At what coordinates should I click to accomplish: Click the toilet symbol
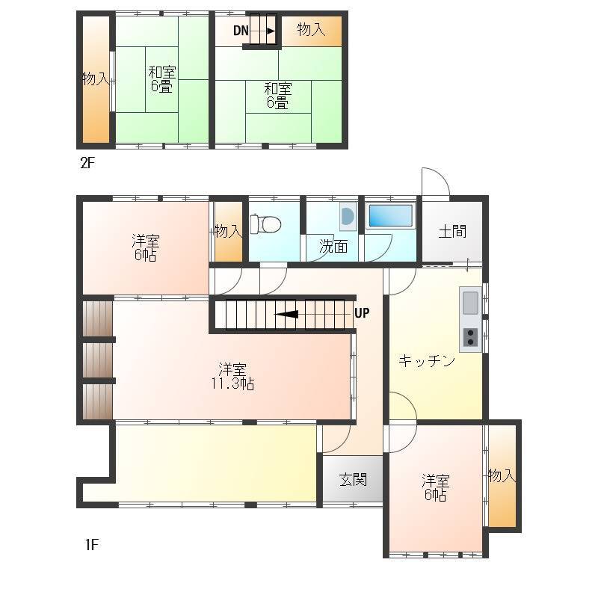265,224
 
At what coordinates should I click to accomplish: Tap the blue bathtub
390,215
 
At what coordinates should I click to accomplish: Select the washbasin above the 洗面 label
348,216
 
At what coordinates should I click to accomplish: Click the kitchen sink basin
470,303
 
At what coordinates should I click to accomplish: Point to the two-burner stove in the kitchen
470,337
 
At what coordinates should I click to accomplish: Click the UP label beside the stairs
362,313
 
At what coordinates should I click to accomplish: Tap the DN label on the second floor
241,31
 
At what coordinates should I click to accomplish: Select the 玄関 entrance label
353,480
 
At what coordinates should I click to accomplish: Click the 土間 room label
452,231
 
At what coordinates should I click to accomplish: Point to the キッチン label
427,360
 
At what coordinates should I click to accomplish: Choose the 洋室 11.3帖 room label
232,376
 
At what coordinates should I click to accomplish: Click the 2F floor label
87,163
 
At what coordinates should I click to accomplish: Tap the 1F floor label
92,545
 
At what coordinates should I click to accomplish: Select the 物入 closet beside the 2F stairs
312,31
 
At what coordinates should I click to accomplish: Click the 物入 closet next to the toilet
229,231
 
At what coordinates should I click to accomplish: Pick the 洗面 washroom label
333,247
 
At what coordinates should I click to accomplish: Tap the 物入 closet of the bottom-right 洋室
502,476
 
